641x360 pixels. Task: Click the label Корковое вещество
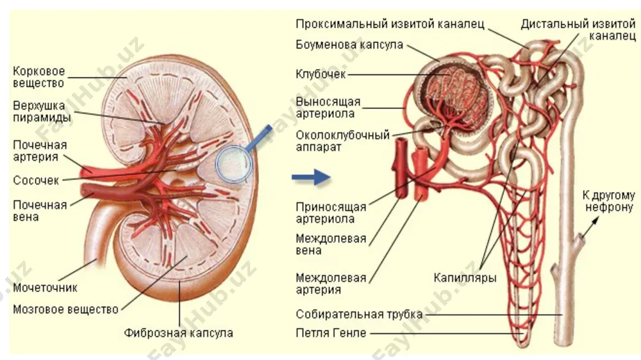coord(39,78)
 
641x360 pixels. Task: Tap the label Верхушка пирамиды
coord(42,111)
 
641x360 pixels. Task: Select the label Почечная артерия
coord(40,151)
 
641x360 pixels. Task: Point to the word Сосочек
coord(36,180)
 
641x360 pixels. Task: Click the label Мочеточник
coord(45,288)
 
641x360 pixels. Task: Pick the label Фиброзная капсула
coord(179,333)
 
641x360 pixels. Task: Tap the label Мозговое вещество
coord(65,309)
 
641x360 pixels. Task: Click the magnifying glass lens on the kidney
coord(233,163)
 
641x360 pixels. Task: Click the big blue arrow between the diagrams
coord(311,177)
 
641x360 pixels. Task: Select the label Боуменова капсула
coord(349,45)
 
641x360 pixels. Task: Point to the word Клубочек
coord(320,74)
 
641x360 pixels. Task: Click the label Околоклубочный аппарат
coord(342,141)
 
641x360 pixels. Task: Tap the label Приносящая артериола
coord(331,213)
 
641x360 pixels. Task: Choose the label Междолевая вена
coord(331,244)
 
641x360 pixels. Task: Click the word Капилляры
coord(465,278)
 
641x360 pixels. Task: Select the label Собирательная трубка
coord(359,315)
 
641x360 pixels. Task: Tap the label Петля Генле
coord(331,333)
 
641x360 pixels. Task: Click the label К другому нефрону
coord(609,201)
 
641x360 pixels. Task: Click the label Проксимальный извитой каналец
coord(390,24)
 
